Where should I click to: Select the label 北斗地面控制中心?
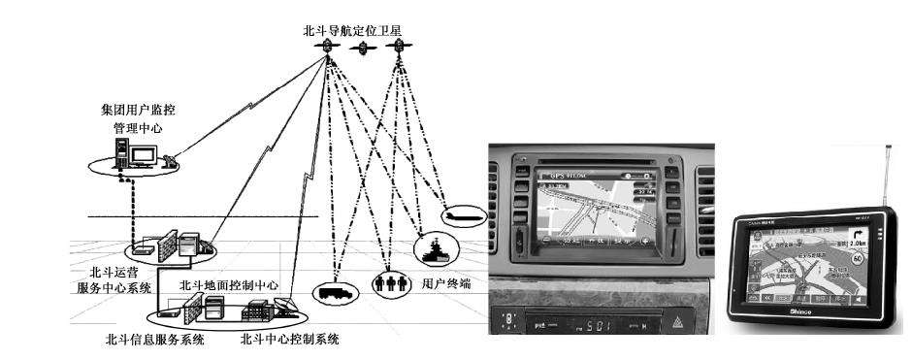point(229,286)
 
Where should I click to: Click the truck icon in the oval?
point(329,290)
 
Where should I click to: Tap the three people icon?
point(387,284)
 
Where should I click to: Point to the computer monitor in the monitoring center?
point(144,155)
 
